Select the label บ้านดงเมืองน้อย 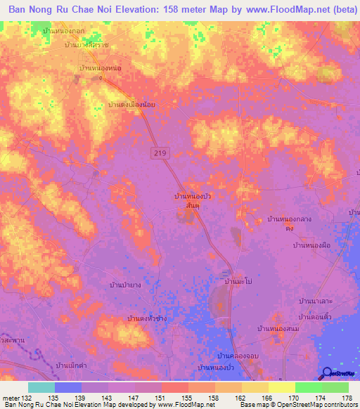(131, 104)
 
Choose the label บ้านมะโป (238, 281)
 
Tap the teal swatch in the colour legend (41, 387)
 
